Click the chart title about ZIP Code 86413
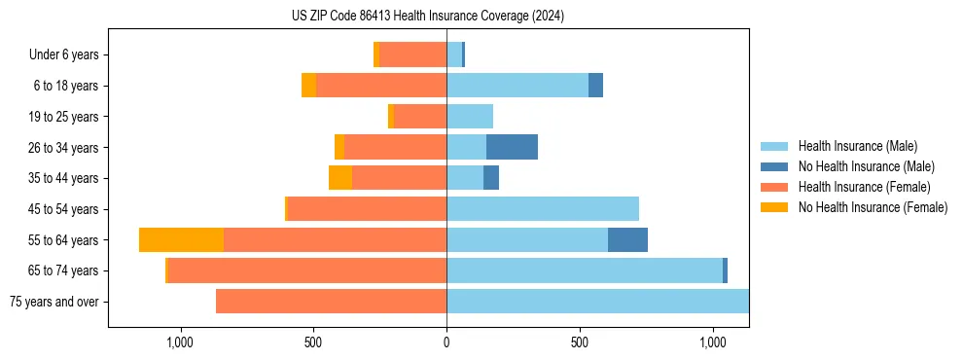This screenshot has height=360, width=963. [x=427, y=17]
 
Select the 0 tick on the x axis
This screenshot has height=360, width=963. [x=446, y=342]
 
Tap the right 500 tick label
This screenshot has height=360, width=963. [x=580, y=342]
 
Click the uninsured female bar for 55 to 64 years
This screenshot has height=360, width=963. [x=181, y=240]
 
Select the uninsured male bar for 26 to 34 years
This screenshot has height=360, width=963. [x=512, y=147]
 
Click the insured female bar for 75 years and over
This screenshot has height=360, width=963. [x=331, y=302]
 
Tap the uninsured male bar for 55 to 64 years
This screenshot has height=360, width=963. [x=627, y=240]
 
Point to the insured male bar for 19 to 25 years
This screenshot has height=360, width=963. [x=470, y=117]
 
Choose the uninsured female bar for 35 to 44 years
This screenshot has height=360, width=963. [x=340, y=178]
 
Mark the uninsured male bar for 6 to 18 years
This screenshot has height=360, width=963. [x=595, y=86]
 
